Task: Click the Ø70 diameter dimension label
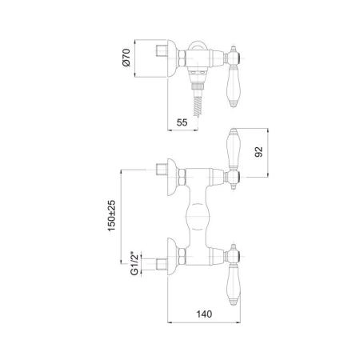[x=126, y=58]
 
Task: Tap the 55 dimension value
[x=182, y=122]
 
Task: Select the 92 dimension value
[x=258, y=152]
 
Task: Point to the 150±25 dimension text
[x=112, y=215]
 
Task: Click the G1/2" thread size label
[x=135, y=263]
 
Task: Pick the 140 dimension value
[x=204, y=314]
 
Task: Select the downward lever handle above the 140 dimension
[x=234, y=283]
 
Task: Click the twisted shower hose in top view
[x=198, y=106]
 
